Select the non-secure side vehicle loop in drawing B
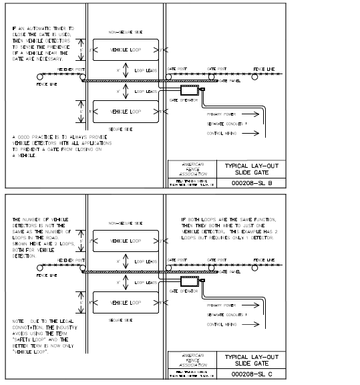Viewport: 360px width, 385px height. (x=126, y=49)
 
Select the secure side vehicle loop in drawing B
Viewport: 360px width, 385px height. (x=126, y=111)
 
